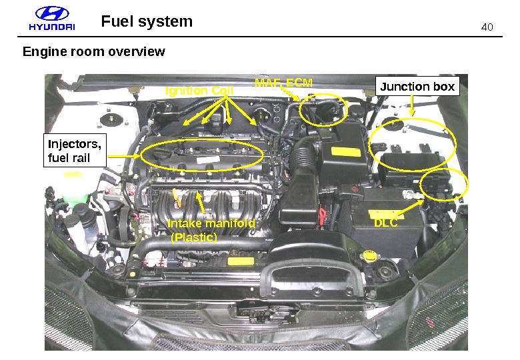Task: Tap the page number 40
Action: pyautogui.click(x=487, y=27)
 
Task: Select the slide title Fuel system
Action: pyautogui.click(x=147, y=21)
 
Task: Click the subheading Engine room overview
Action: pyautogui.click(x=93, y=51)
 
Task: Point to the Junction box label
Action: pyautogui.click(x=417, y=87)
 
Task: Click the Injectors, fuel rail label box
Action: pyautogui.click(x=75, y=151)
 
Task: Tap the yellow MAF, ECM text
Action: pyautogui.click(x=283, y=83)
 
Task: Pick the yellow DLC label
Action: pyautogui.click(x=386, y=223)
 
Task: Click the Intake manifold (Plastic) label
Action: pyautogui.click(x=211, y=230)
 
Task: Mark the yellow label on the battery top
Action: pyautogui.click(x=382, y=215)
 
